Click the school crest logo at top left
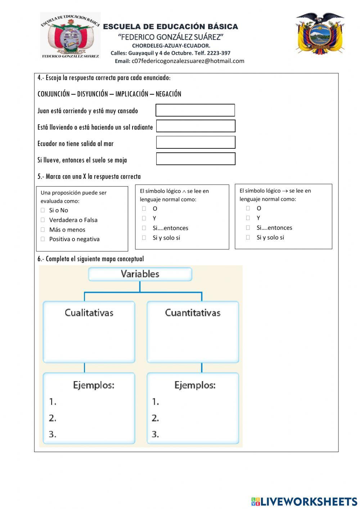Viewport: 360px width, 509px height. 70,35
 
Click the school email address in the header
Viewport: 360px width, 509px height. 188,61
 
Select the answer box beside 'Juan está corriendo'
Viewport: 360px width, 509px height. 195,110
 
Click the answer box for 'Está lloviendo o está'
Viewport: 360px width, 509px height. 195,126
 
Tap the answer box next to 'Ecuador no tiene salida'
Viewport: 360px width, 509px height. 195,142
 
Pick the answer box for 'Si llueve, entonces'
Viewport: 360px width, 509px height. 195,159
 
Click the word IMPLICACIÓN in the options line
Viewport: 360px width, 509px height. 131,94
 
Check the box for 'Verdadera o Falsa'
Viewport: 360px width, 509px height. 43,220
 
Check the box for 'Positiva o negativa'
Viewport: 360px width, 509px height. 43,239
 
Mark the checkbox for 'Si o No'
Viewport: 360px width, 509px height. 43,210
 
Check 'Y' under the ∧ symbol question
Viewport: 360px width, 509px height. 144,218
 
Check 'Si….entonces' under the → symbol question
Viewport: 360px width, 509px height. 248,227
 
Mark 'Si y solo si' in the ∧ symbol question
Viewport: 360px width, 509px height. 144,237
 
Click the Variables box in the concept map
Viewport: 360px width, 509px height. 140,274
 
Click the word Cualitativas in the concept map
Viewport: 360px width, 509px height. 89,313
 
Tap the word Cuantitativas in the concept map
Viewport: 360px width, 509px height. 193,313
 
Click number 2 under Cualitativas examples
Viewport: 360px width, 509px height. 53,418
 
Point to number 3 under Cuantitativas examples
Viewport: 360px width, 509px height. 155,434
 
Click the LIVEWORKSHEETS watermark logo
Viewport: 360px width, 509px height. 304,501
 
